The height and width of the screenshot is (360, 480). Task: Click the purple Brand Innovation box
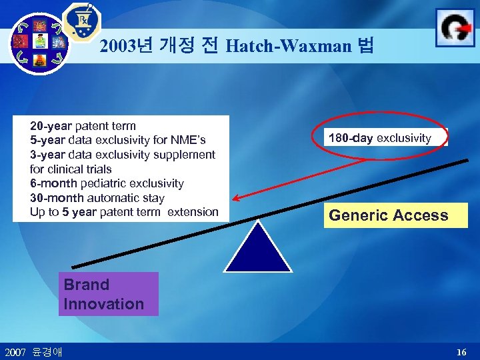(x=108, y=294)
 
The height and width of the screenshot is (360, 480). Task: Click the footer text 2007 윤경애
(x=33, y=351)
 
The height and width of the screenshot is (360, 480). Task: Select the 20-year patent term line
(x=83, y=126)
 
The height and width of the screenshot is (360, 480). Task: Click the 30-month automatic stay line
(x=97, y=198)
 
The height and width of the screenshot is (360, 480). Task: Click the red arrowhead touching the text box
(x=235, y=198)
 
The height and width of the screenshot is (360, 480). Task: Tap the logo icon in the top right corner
(x=455, y=27)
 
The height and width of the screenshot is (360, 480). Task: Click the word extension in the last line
(x=192, y=212)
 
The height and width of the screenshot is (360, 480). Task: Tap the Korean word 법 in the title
(x=366, y=46)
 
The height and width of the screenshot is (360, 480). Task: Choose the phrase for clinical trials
(x=71, y=169)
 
